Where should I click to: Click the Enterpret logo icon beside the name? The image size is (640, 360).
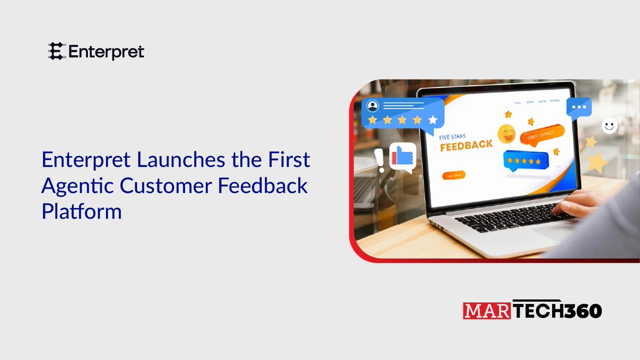[x=55, y=51]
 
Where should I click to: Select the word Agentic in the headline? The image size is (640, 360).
[x=77, y=186]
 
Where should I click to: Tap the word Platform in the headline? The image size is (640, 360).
[x=82, y=212]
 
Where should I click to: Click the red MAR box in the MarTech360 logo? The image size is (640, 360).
[x=482, y=310]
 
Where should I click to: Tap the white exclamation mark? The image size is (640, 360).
[x=379, y=159]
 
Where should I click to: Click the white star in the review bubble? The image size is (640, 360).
[x=433, y=120]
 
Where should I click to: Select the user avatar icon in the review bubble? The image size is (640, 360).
[x=373, y=105]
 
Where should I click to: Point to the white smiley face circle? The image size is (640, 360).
[x=609, y=126]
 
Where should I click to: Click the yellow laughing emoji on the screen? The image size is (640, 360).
[x=507, y=134]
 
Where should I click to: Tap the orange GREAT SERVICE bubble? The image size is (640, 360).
[x=542, y=137]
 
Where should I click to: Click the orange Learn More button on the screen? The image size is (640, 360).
[x=453, y=175]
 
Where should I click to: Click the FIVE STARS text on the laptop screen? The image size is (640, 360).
[x=453, y=137]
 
